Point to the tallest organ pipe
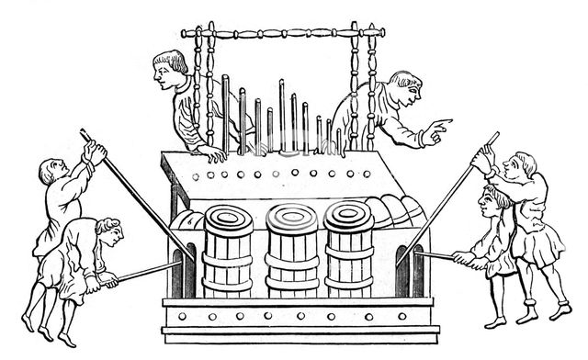click(280, 116)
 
